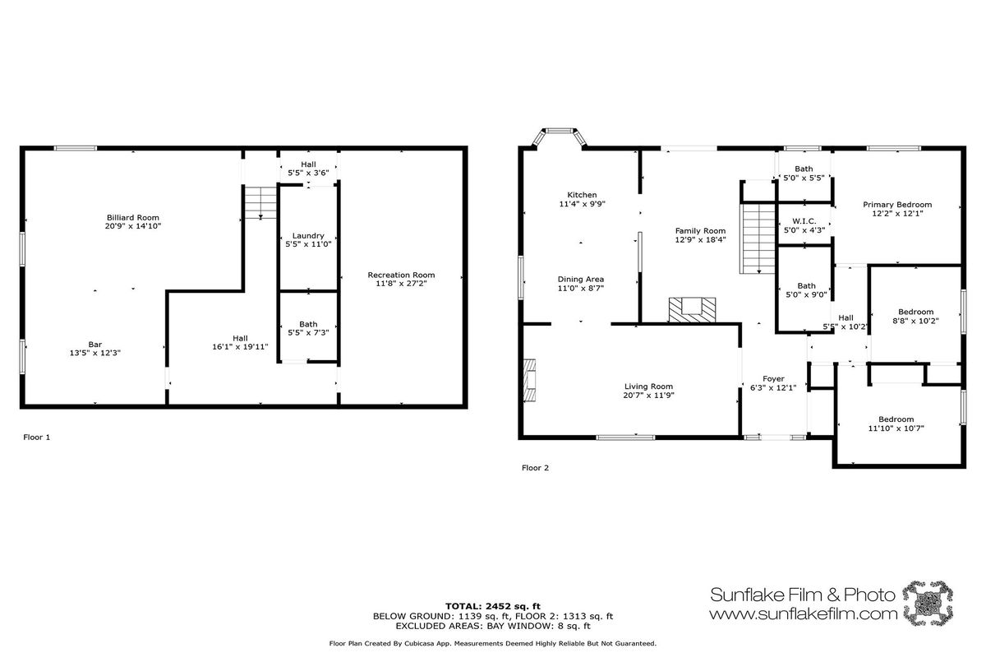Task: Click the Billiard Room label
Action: tap(133, 218)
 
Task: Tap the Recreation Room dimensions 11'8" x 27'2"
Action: tap(401, 284)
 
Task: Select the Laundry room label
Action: tap(308, 236)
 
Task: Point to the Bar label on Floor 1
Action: tap(95, 345)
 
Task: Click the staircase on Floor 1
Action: tap(260, 202)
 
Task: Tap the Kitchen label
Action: tap(582, 195)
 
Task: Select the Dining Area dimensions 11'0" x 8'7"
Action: tap(581, 289)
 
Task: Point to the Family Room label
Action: tap(700, 231)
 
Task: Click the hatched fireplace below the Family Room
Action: tap(692, 310)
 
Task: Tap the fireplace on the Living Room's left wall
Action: tap(529, 380)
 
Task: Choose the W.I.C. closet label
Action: tap(804, 221)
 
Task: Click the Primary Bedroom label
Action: tap(897, 205)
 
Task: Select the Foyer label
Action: tap(773, 379)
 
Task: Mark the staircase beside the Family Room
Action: tap(757, 238)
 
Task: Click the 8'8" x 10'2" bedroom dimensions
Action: tap(915, 321)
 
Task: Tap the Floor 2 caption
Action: tap(535, 468)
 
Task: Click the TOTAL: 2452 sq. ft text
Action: tap(493, 607)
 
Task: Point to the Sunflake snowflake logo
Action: tap(928, 603)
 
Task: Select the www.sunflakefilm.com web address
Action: tap(803, 614)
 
